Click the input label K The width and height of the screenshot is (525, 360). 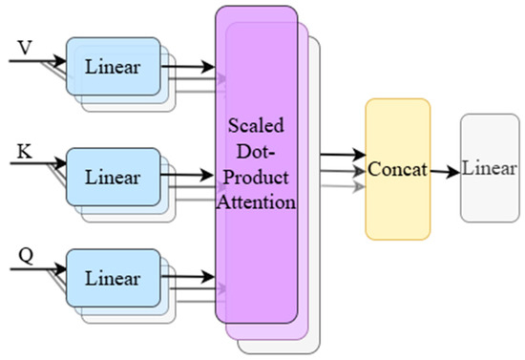(26, 150)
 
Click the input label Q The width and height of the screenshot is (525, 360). (26, 254)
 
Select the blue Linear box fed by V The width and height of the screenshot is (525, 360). (113, 67)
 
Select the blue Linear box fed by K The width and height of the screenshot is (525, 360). (113, 177)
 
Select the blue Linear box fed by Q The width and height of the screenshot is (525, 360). (113, 279)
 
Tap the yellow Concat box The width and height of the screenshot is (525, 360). (398, 169)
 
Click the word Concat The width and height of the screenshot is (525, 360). (398, 170)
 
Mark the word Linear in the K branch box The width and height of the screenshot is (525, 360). (113, 178)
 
